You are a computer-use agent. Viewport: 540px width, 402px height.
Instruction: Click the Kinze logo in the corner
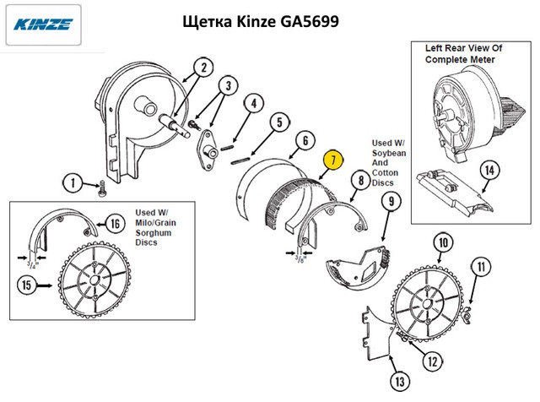pyautogui.click(x=41, y=23)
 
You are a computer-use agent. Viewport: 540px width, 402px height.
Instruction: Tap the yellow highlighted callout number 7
pyautogui.click(x=333, y=159)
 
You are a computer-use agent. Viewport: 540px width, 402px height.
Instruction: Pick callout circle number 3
pyautogui.click(x=228, y=85)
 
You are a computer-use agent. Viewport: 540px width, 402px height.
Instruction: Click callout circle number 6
pyautogui.click(x=306, y=140)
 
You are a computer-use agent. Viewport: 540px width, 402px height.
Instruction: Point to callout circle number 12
pyautogui.click(x=432, y=361)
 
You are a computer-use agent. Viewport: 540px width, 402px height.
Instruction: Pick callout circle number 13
pyautogui.click(x=397, y=378)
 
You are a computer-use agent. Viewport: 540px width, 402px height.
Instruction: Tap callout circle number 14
pyautogui.click(x=488, y=169)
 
